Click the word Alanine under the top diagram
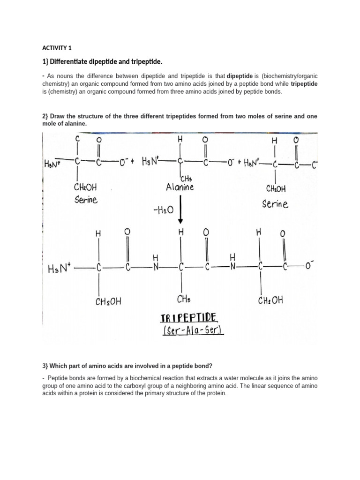(180, 187)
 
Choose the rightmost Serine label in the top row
(275, 204)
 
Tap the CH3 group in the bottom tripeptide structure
(182, 299)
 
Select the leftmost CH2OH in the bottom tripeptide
(108, 301)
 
